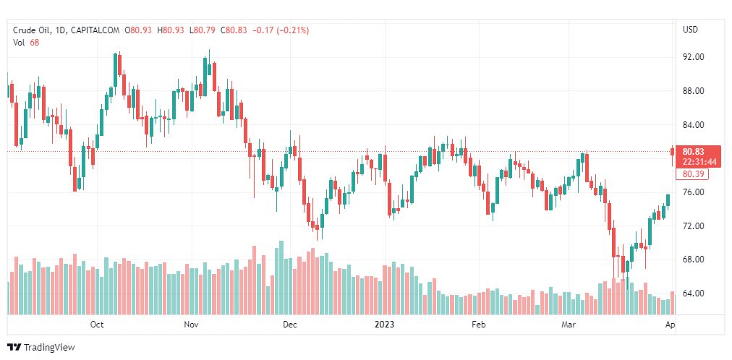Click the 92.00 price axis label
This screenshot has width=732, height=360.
point(693,57)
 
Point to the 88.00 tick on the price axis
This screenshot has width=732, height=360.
point(693,91)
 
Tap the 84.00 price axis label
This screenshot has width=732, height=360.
point(693,125)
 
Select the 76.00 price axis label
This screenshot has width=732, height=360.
point(693,192)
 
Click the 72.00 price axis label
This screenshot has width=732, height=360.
point(693,226)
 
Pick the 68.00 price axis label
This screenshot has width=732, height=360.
point(693,260)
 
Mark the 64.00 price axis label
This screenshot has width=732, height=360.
point(693,293)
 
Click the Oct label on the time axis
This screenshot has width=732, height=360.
point(97,325)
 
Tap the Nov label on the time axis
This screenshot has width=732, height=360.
point(191,325)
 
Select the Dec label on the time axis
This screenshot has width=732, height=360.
point(289,325)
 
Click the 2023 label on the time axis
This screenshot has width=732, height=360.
point(385,325)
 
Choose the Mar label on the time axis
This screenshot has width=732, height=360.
point(568,325)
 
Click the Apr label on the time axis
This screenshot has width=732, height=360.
point(670,325)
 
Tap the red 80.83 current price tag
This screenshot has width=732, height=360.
point(699,152)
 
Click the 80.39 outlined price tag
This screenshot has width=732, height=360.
point(691,174)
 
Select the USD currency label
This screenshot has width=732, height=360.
point(690,30)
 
